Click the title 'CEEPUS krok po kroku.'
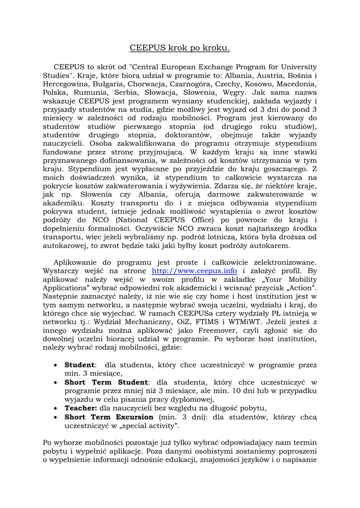180,48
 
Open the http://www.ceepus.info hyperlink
194,271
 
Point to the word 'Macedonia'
295,84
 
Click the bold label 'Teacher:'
81,408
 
